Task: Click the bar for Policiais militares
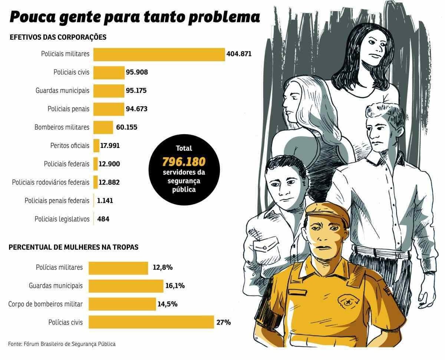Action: click(x=159, y=54)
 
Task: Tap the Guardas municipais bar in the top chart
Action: click(x=109, y=91)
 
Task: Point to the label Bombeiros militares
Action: click(x=62, y=127)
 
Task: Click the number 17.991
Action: click(x=110, y=146)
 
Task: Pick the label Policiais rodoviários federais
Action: click(x=51, y=182)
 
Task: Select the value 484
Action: click(x=103, y=219)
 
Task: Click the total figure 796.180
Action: click(x=184, y=162)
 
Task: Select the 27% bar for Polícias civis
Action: click(x=151, y=322)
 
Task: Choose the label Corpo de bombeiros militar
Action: click(x=46, y=304)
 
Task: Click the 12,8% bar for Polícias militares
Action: click(x=118, y=268)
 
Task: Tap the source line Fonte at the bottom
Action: click(x=62, y=344)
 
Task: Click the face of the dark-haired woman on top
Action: click(x=372, y=47)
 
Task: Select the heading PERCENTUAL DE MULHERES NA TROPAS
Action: click(x=73, y=247)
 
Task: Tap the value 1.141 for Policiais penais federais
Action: click(x=105, y=201)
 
